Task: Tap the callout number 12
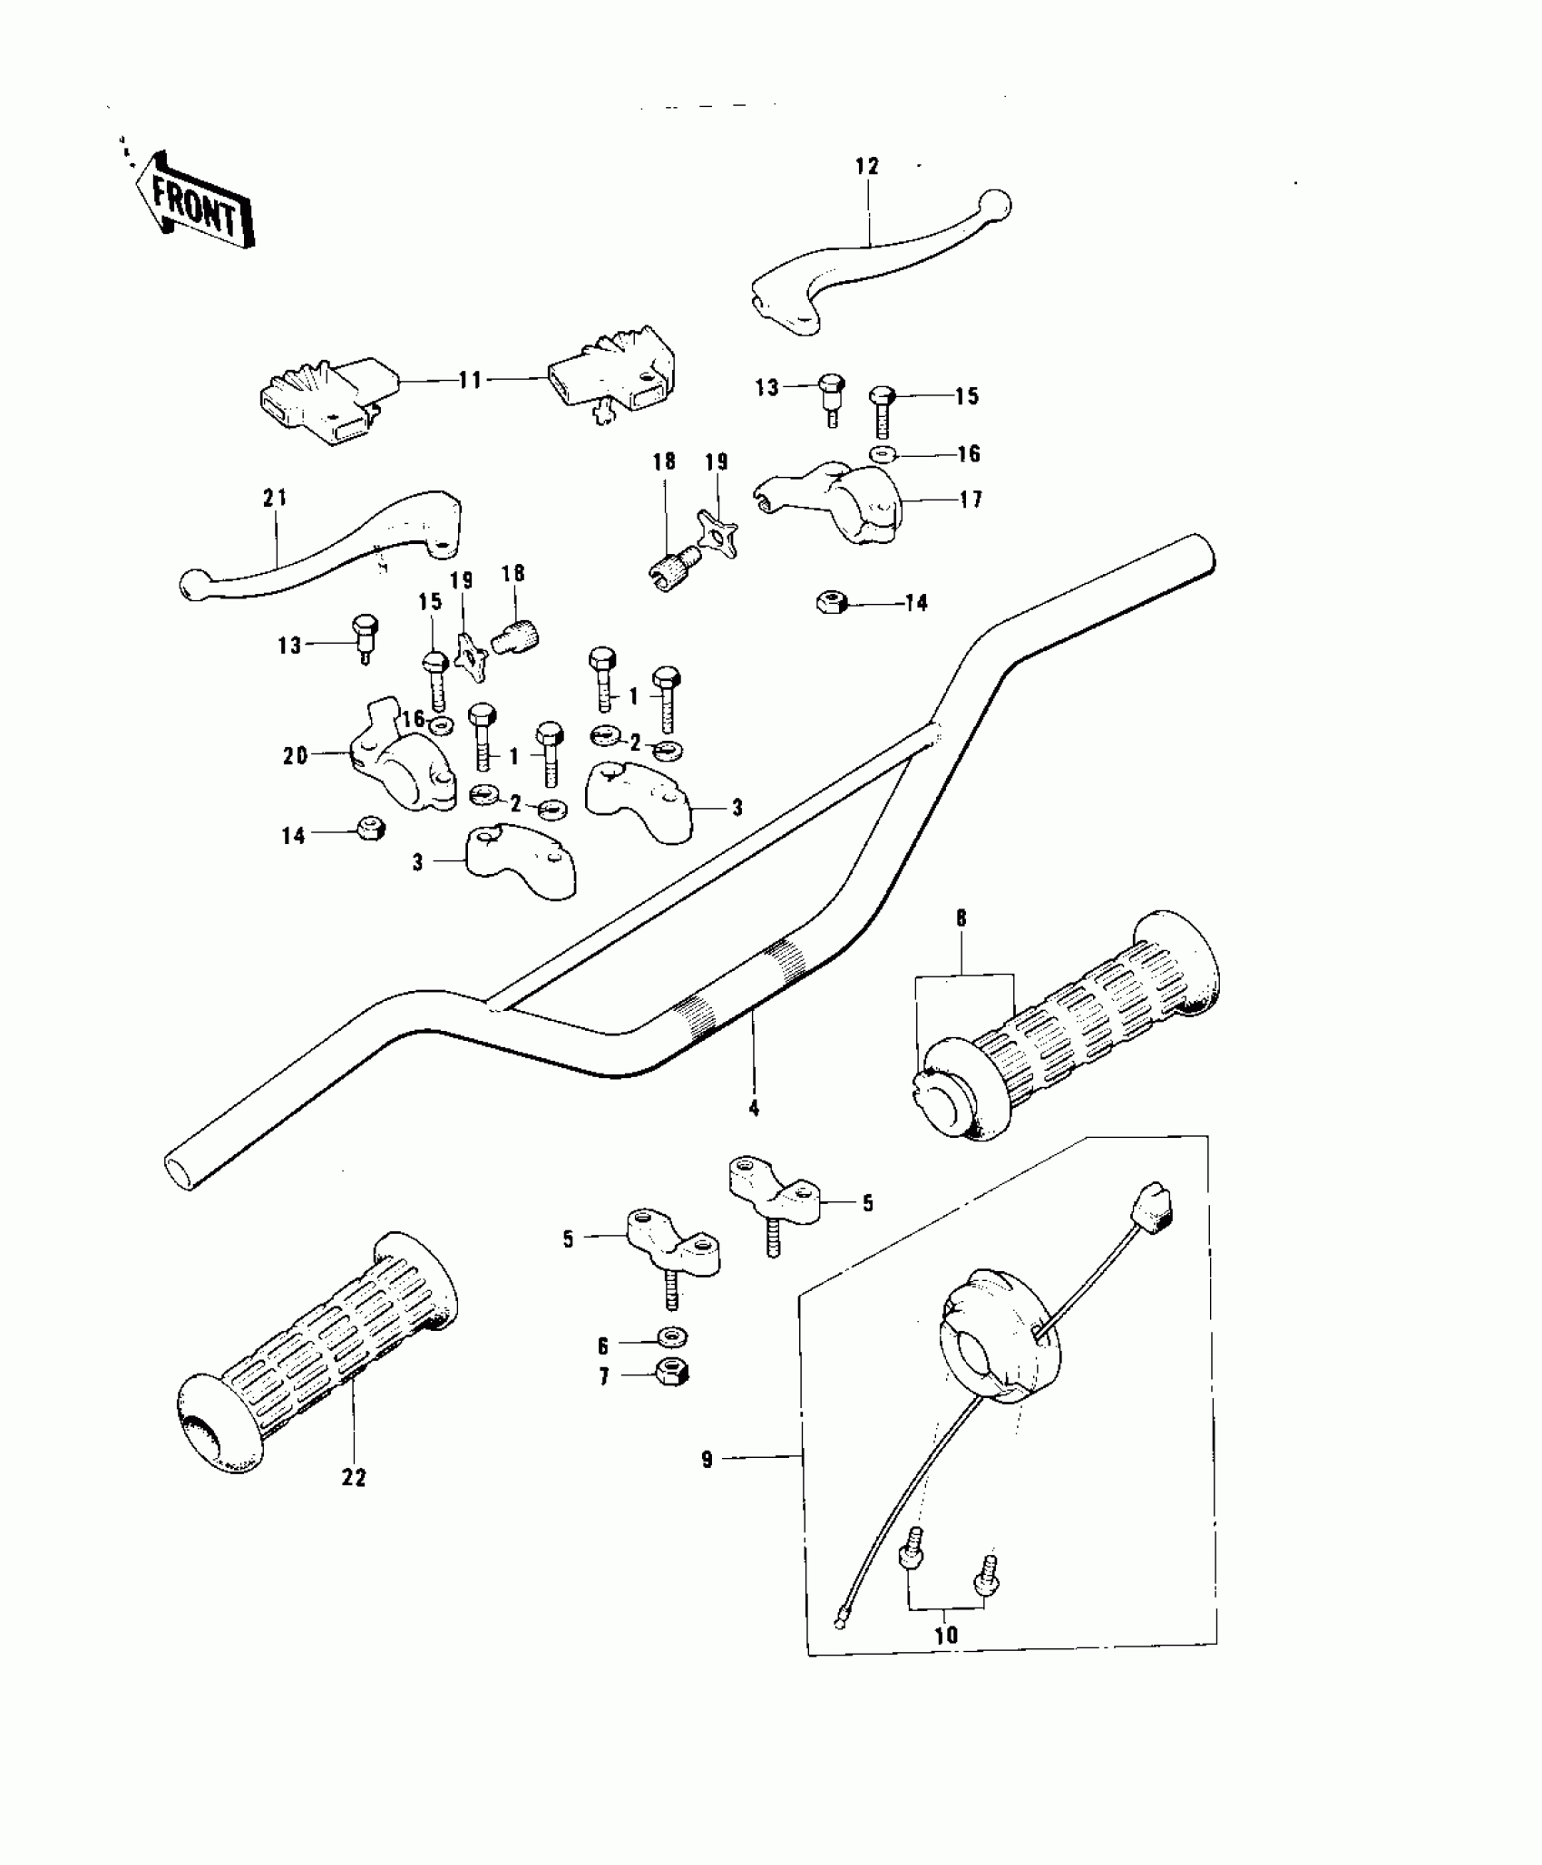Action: pyautogui.click(x=866, y=166)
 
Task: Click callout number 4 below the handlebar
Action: pyautogui.click(x=753, y=1108)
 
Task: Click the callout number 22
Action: pyautogui.click(x=354, y=1478)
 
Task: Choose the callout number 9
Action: pyautogui.click(x=708, y=1460)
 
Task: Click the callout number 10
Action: pyautogui.click(x=945, y=1635)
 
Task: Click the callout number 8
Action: pyautogui.click(x=961, y=918)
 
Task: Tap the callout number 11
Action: pyautogui.click(x=470, y=380)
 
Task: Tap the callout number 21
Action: pyautogui.click(x=274, y=498)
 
